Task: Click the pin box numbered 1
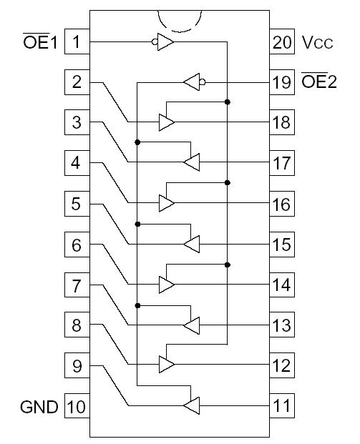point(77,41)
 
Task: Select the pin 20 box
point(282,41)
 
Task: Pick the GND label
point(39,408)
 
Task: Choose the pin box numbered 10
point(77,408)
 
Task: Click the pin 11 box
point(282,408)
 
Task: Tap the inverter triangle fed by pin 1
point(165,41)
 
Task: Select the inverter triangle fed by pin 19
point(191,82)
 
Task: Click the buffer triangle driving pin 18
point(166,122)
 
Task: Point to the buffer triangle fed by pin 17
point(192,163)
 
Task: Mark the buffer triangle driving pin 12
point(166,365)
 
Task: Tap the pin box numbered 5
point(77,204)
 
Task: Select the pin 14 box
point(282,285)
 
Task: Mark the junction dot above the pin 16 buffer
point(228,183)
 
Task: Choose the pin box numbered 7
point(77,285)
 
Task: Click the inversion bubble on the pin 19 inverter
point(203,82)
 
